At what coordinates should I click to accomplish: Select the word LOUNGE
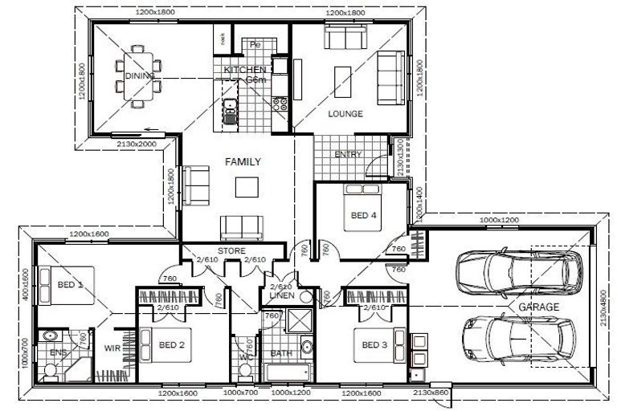click(345, 114)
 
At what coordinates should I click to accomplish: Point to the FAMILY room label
click(243, 161)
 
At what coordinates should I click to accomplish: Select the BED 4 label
click(363, 215)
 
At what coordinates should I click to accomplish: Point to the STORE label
click(232, 251)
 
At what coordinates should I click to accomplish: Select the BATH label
click(280, 352)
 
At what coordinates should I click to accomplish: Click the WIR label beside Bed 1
click(112, 348)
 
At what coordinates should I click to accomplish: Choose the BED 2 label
click(172, 345)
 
